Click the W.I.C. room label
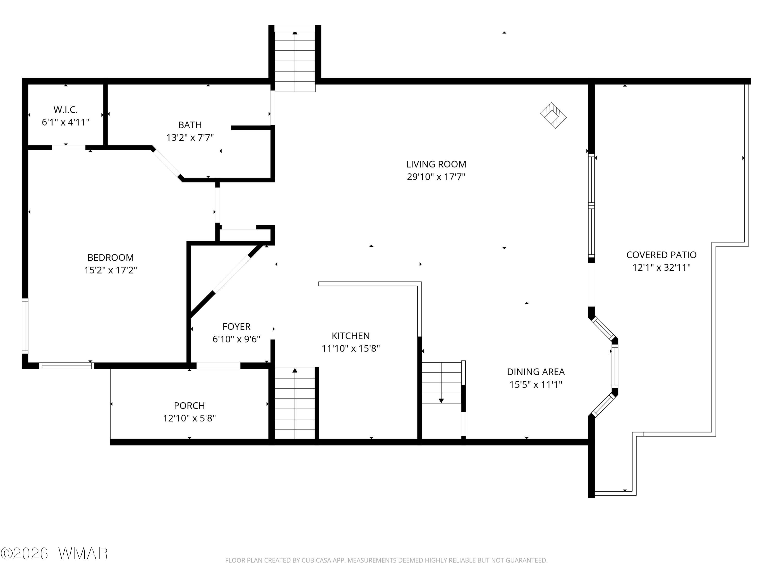(x=66, y=110)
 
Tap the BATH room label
(x=190, y=125)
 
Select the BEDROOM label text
(x=111, y=258)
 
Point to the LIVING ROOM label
(x=436, y=164)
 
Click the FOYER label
(x=237, y=327)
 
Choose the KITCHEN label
(x=350, y=336)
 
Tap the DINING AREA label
(x=536, y=372)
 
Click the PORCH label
(x=189, y=405)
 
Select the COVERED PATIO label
(x=661, y=255)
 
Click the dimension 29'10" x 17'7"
(x=436, y=177)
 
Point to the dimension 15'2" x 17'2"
(x=111, y=270)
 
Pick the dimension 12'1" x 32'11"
(x=661, y=268)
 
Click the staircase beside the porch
(x=295, y=403)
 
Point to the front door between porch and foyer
(x=219, y=366)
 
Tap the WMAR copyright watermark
(x=55, y=553)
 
